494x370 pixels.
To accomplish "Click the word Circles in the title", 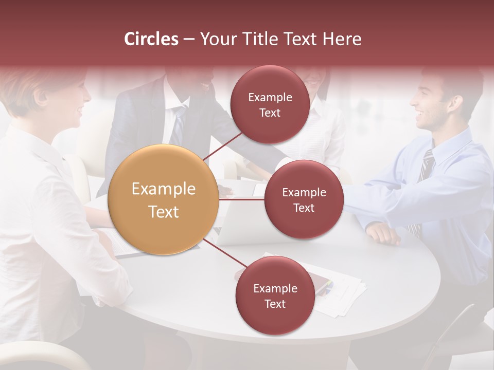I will (151, 39).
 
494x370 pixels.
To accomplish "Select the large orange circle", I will (164, 199).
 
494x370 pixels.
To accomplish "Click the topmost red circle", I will (270, 104).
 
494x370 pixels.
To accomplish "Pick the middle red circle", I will (304, 199).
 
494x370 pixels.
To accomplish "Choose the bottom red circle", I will (275, 295).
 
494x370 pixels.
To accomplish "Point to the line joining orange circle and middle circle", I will (242, 199).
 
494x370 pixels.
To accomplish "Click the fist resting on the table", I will (383, 234).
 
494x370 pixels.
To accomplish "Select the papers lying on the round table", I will (340, 293).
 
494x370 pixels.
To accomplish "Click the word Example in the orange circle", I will (164, 189).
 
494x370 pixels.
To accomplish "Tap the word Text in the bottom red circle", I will (275, 304).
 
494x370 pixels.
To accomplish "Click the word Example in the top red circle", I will (270, 97).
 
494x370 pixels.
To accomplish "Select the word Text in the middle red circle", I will (304, 208).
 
